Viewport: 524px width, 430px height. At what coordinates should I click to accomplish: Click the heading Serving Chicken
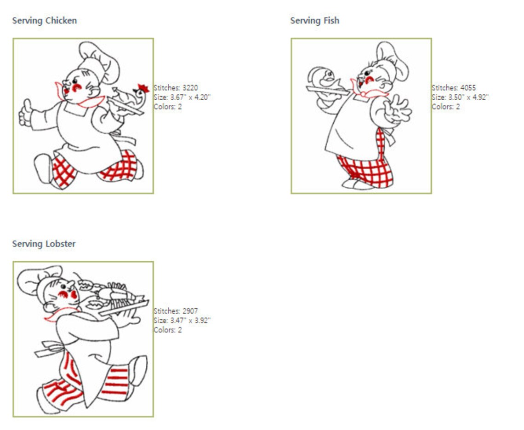(x=45, y=21)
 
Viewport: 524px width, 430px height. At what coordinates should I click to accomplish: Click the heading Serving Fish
(x=314, y=21)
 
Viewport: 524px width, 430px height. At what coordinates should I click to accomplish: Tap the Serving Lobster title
(x=44, y=244)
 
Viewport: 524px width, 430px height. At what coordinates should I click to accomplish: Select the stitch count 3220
(x=190, y=87)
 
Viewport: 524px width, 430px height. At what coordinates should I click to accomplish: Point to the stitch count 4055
(x=468, y=87)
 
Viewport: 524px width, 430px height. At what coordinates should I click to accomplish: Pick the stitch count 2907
(x=190, y=311)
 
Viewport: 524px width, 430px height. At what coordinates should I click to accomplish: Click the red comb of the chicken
(x=144, y=88)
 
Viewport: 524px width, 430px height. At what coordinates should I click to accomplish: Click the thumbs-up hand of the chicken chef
(x=25, y=112)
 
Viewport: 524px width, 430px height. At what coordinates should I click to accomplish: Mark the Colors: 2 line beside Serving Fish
(x=446, y=107)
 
